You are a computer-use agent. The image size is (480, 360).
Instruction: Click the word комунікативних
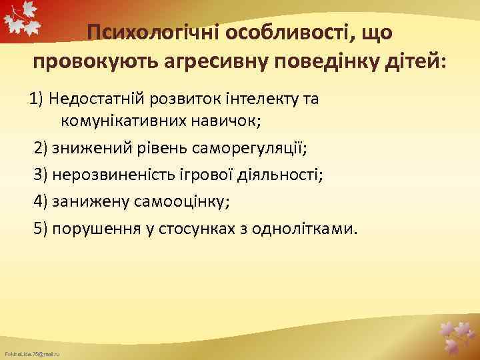pos(123,122)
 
